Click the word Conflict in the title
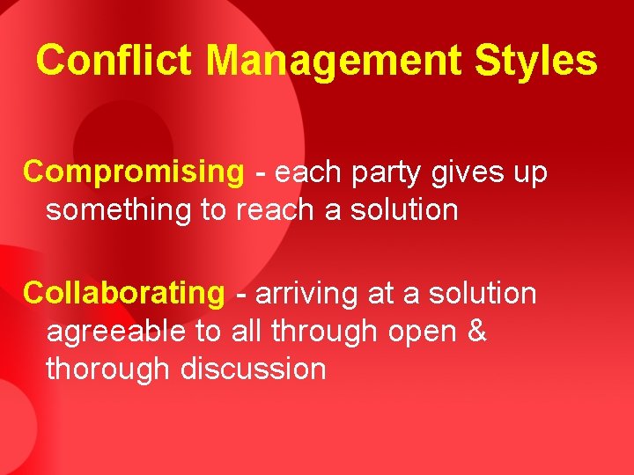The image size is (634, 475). coord(115,61)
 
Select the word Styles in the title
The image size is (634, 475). coord(535,61)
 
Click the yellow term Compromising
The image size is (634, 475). coord(133,173)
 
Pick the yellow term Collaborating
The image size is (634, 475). coord(124,293)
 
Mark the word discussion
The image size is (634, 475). coord(253,369)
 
